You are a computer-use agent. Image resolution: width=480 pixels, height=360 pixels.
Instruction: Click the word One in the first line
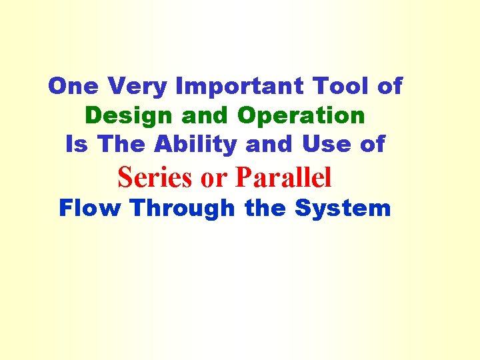click(73, 86)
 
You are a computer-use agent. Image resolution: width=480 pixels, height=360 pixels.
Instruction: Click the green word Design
click(125, 115)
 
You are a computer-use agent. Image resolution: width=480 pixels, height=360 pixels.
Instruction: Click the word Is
click(77, 144)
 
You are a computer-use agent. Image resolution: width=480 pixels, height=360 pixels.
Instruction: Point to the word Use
click(326, 144)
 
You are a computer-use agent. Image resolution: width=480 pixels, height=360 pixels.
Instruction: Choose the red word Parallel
click(283, 177)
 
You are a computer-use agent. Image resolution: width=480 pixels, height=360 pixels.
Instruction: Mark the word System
click(342, 209)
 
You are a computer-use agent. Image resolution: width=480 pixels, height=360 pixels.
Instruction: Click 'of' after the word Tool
click(389, 86)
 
